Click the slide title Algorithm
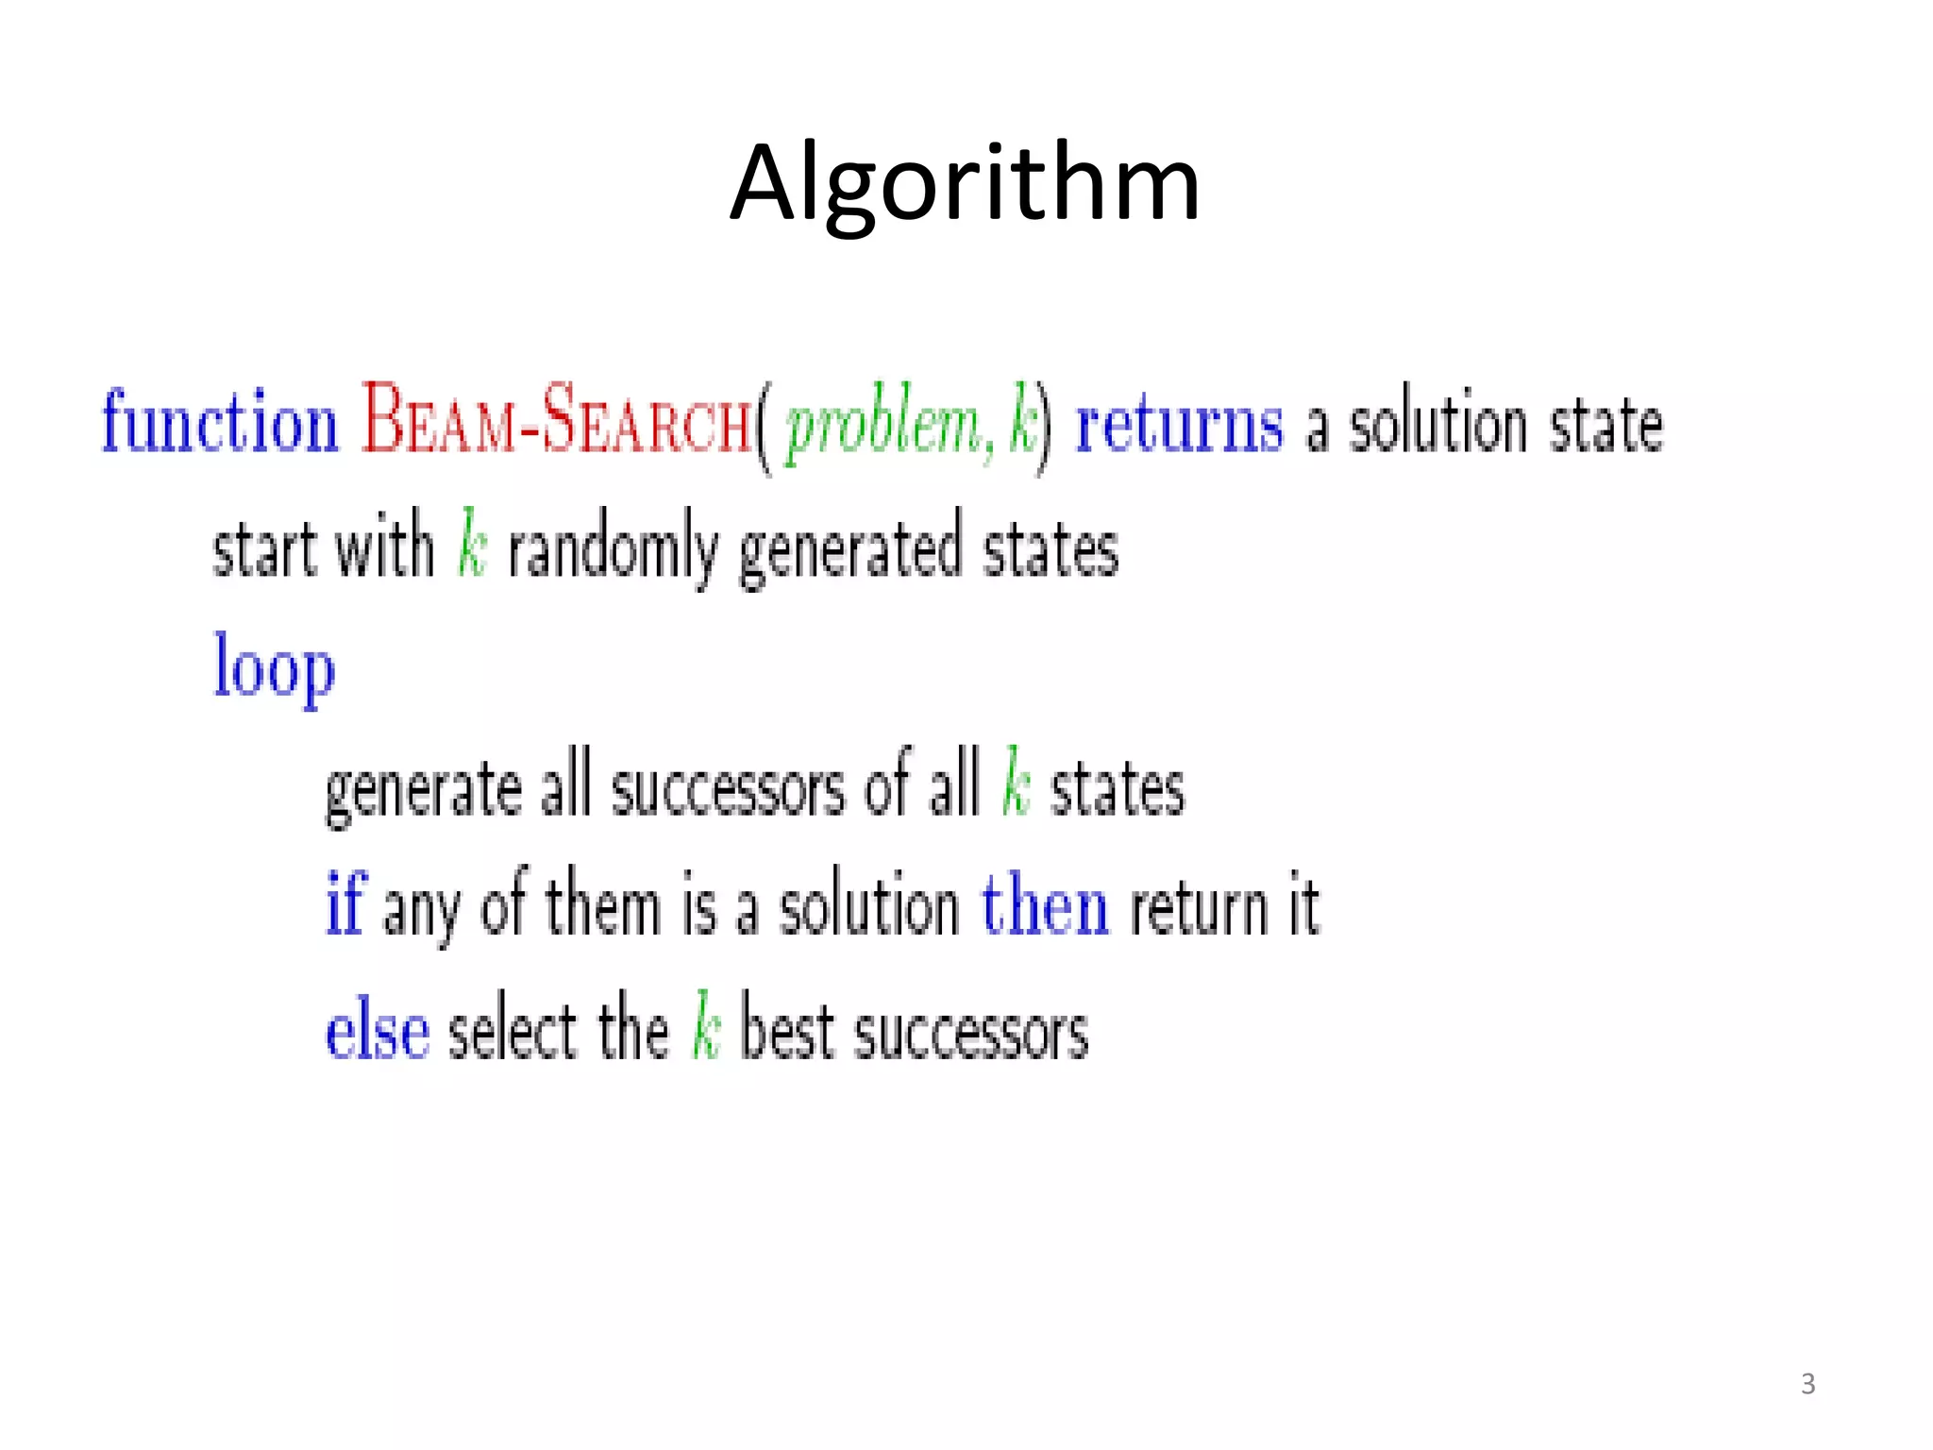coord(965,183)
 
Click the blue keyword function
coord(219,422)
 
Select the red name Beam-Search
coord(557,420)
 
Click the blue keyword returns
coord(1179,424)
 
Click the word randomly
coord(614,549)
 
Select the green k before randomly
coord(472,544)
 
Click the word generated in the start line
coord(849,549)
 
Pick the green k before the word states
coord(1016,782)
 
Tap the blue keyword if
coord(345,903)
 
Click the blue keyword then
coord(1045,904)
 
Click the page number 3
coord(1807,1384)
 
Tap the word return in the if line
coord(1199,906)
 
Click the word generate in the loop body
coord(423,789)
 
